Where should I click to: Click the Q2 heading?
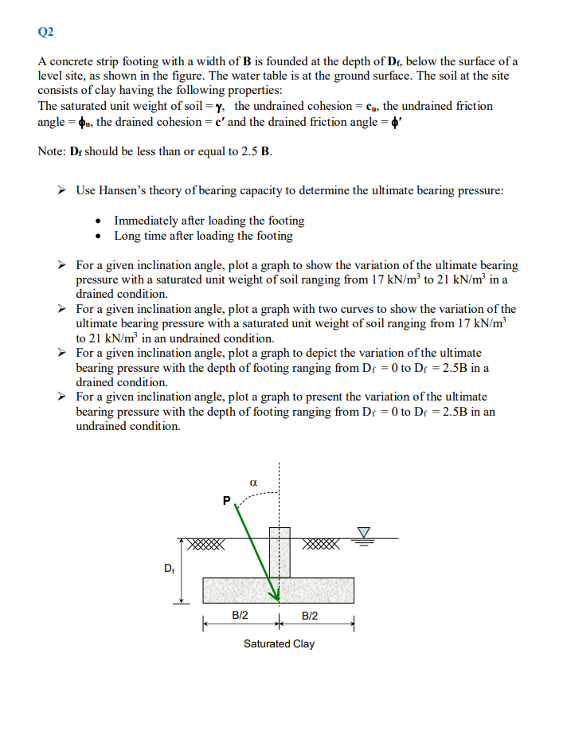45,32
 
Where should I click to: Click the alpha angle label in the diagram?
252,482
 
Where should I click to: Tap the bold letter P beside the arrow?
226,501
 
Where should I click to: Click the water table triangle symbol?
364,531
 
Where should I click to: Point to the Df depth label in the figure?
169,568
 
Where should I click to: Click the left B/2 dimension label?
240,615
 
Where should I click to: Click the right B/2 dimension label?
311,615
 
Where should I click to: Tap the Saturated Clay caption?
279,643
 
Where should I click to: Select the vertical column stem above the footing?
279,551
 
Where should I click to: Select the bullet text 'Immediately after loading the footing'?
209,221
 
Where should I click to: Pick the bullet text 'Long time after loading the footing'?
203,236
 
